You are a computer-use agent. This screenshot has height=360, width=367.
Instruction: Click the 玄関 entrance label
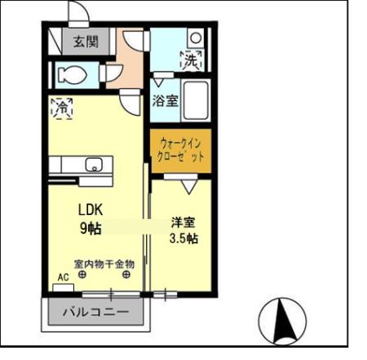[x=84, y=41]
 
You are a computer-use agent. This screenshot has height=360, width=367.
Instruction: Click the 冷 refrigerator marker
[x=60, y=107]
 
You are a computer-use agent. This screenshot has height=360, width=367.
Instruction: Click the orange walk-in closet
[x=180, y=151]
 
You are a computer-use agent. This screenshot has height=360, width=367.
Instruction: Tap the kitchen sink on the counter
[x=92, y=164]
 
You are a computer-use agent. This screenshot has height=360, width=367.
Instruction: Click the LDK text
[x=91, y=209]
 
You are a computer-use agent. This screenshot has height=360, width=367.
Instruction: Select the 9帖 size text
[x=90, y=228]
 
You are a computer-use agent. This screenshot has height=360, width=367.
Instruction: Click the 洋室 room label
[x=183, y=221]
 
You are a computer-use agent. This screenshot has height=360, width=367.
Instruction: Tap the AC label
[x=63, y=277]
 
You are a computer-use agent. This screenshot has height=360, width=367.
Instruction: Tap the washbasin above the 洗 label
[x=195, y=37]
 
